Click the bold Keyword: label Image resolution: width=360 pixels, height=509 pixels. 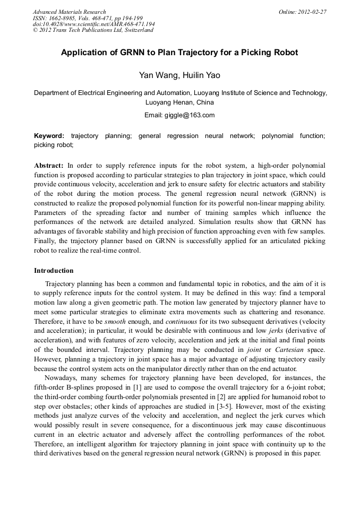(49, 136)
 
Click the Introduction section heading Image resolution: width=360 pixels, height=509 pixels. (54, 271)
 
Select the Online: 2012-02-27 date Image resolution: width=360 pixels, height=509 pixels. (302, 12)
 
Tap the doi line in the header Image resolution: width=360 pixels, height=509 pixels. (93, 24)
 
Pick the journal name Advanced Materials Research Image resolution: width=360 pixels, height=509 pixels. (69, 12)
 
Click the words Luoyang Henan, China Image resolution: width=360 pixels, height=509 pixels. (179, 102)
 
